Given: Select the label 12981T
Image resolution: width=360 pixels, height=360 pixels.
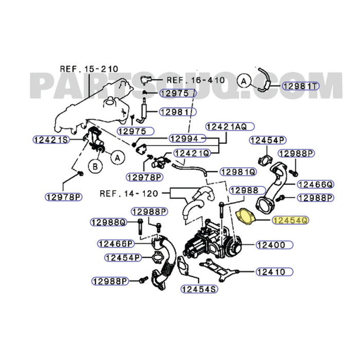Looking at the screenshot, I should point(299,86).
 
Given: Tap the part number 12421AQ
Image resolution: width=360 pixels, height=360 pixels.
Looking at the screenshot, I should point(227,127).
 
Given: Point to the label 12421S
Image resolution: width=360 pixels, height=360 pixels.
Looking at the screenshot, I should point(50,139).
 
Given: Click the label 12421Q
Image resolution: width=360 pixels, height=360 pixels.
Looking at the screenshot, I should point(191,153).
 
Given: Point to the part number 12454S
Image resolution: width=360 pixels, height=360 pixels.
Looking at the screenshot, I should point(198,290).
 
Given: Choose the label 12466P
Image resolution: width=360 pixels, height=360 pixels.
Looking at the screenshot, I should point(116,243).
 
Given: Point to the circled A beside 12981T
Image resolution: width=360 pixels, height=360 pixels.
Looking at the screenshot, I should point(244,80).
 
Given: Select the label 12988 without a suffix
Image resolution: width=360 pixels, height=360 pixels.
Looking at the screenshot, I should point(244,190).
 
